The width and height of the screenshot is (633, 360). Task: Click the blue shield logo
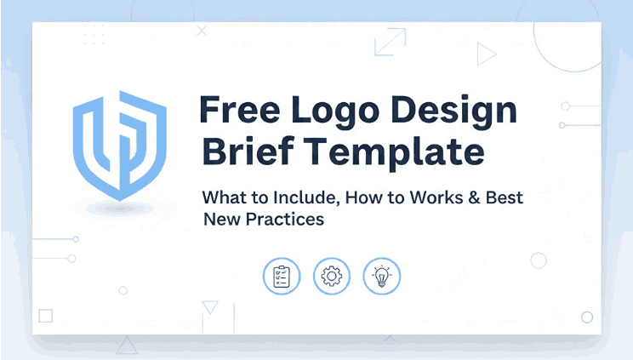[118, 145]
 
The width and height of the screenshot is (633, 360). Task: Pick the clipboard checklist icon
[282, 277]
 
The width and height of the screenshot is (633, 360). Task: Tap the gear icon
[332, 277]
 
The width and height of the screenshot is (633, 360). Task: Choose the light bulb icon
[382, 277]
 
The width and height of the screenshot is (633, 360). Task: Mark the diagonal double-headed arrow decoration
[390, 43]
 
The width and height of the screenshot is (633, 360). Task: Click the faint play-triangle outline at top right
[486, 54]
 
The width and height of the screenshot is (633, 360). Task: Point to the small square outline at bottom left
[46, 316]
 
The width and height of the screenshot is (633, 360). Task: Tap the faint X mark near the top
[202, 31]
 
